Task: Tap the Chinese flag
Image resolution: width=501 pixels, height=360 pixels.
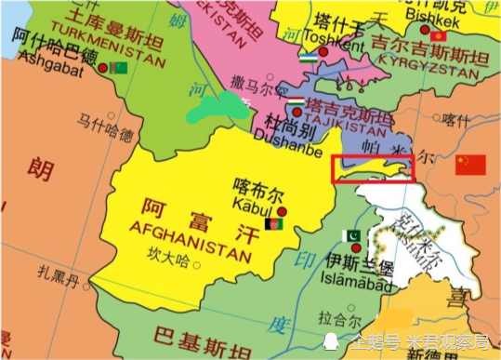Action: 469,165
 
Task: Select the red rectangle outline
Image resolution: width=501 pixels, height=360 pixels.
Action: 372,167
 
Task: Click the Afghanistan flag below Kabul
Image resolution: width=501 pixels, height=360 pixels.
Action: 274,224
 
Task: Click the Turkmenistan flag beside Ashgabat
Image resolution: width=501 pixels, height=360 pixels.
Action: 118,68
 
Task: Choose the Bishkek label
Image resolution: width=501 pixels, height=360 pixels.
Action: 432,19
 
